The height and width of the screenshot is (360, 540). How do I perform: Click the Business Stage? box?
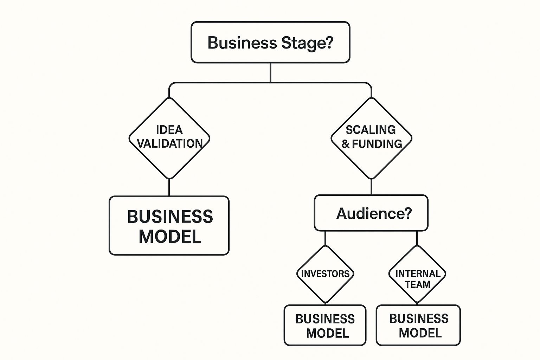click(270, 42)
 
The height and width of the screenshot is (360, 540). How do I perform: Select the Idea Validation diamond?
click(169, 138)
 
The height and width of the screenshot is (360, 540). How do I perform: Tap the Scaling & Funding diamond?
click(372, 138)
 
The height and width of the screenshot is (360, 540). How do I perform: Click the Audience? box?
click(371, 213)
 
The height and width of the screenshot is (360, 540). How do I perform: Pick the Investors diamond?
click(325, 274)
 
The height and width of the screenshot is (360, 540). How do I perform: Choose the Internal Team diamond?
click(417, 274)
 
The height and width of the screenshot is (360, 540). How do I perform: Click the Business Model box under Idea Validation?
click(169, 226)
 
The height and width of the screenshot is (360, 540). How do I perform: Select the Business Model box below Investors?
click(325, 326)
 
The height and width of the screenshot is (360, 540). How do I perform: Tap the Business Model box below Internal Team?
click(418, 326)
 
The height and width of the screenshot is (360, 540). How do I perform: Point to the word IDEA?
click(169, 130)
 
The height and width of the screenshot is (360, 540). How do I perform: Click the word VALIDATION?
click(170, 144)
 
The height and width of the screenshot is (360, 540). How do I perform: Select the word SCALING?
click(371, 130)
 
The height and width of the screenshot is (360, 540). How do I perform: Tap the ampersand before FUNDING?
click(345, 144)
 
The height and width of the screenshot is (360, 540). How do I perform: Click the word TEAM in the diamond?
click(418, 284)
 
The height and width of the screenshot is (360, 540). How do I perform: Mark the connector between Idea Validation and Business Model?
click(169, 187)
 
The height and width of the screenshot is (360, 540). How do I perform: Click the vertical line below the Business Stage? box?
click(270, 72)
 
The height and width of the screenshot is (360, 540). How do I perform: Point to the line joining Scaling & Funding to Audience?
click(372, 187)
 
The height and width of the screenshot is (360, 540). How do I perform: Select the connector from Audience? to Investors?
click(325, 238)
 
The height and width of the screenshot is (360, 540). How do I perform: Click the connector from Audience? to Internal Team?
click(417, 238)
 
